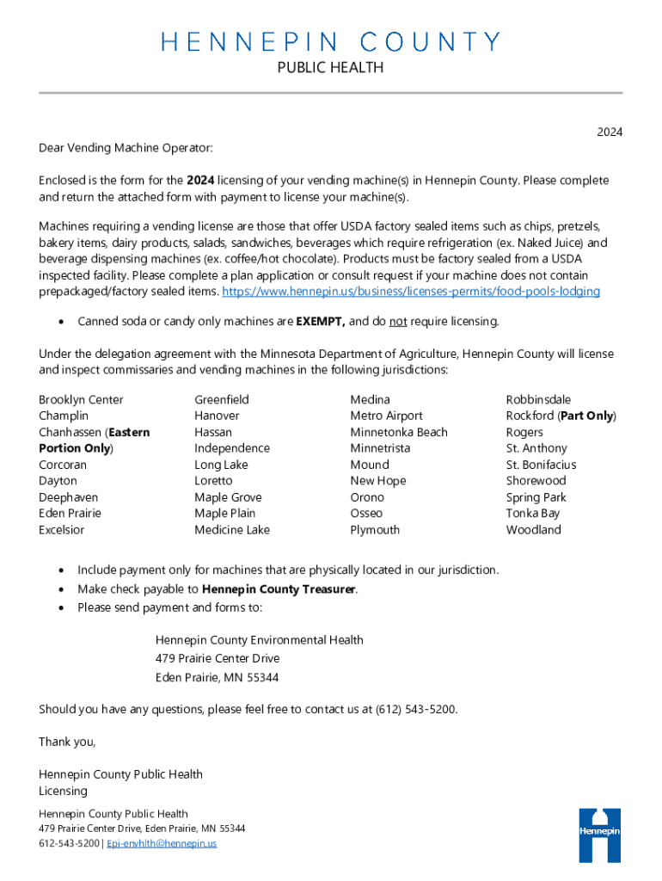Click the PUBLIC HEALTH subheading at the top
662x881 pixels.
[x=331, y=68]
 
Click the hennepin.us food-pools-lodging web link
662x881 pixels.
[x=411, y=292]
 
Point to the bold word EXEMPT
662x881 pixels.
[x=320, y=322]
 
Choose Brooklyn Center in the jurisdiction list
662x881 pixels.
[x=81, y=399]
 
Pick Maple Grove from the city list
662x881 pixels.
[x=228, y=497]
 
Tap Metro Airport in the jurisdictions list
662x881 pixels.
[x=386, y=416]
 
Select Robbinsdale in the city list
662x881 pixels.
[x=538, y=399]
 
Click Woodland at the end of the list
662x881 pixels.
[x=533, y=530]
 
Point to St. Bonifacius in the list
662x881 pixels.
[x=541, y=465]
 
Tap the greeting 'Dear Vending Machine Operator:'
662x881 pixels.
[x=126, y=148]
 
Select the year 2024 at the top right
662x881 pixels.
[x=610, y=132]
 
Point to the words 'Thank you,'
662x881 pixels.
[x=67, y=742]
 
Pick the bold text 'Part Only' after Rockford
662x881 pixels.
[x=587, y=416]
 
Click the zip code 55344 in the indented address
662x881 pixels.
[x=261, y=677]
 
